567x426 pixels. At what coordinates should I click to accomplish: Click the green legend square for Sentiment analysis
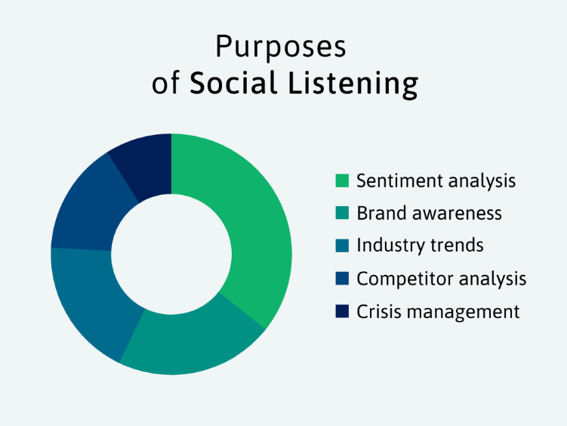click(342, 181)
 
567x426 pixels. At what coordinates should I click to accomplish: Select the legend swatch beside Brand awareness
click(342, 213)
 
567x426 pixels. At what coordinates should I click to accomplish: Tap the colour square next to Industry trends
click(342, 245)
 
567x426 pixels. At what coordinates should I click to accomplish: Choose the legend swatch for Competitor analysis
click(342, 279)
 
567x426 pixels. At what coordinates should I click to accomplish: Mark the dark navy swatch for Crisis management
click(342, 311)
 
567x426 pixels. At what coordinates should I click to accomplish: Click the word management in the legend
click(463, 312)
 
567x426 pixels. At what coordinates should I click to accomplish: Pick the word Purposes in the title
click(281, 47)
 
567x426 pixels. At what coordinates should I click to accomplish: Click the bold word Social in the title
click(233, 83)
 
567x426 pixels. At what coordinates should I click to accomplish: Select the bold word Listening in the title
click(353, 85)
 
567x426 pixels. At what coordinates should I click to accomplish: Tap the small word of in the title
click(165, 83)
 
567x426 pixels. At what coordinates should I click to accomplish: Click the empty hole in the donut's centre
click(171, 255)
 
